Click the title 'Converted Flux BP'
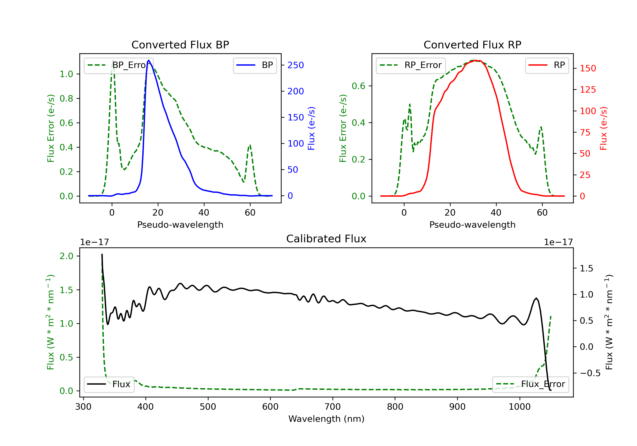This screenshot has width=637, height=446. pos(180,45)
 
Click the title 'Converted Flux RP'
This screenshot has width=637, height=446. pos(472,45)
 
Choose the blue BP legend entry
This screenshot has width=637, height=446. pos(255,65)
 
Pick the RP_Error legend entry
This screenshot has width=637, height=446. pos(411,65)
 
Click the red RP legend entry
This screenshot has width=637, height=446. pos(547,65)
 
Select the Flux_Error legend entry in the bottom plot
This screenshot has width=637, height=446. pos(530,384)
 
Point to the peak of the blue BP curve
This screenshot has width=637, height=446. pos(149,60)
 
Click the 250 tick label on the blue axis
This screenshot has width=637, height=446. pos(296,65)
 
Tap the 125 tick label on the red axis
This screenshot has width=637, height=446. pos(588,90)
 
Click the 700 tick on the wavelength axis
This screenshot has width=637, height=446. pos(333,407)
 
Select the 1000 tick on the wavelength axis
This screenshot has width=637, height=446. pos(519,407)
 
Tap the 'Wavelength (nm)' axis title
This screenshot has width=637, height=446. pos(326,419)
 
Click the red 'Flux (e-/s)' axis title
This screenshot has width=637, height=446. pos(603,128)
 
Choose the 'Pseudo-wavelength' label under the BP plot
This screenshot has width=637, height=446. pos(180,224)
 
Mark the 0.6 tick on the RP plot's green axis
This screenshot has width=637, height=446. pos(358,86)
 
